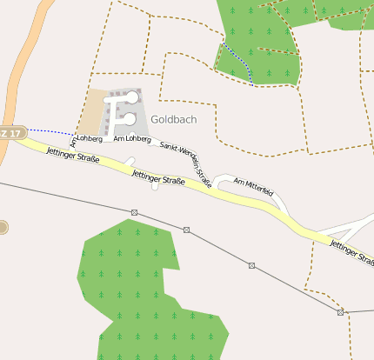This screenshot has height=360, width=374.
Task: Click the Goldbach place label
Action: click(x=173, y=118)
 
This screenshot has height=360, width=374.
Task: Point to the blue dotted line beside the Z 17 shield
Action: click(x=52, y=132)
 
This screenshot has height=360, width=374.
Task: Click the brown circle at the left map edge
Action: click(x=3, y=228)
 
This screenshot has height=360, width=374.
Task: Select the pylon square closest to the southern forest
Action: click(x=186, y=230)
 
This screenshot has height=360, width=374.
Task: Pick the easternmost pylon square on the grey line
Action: click(x=340, y=311)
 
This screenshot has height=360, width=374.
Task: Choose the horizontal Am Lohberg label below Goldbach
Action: click(x=131, y=138)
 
